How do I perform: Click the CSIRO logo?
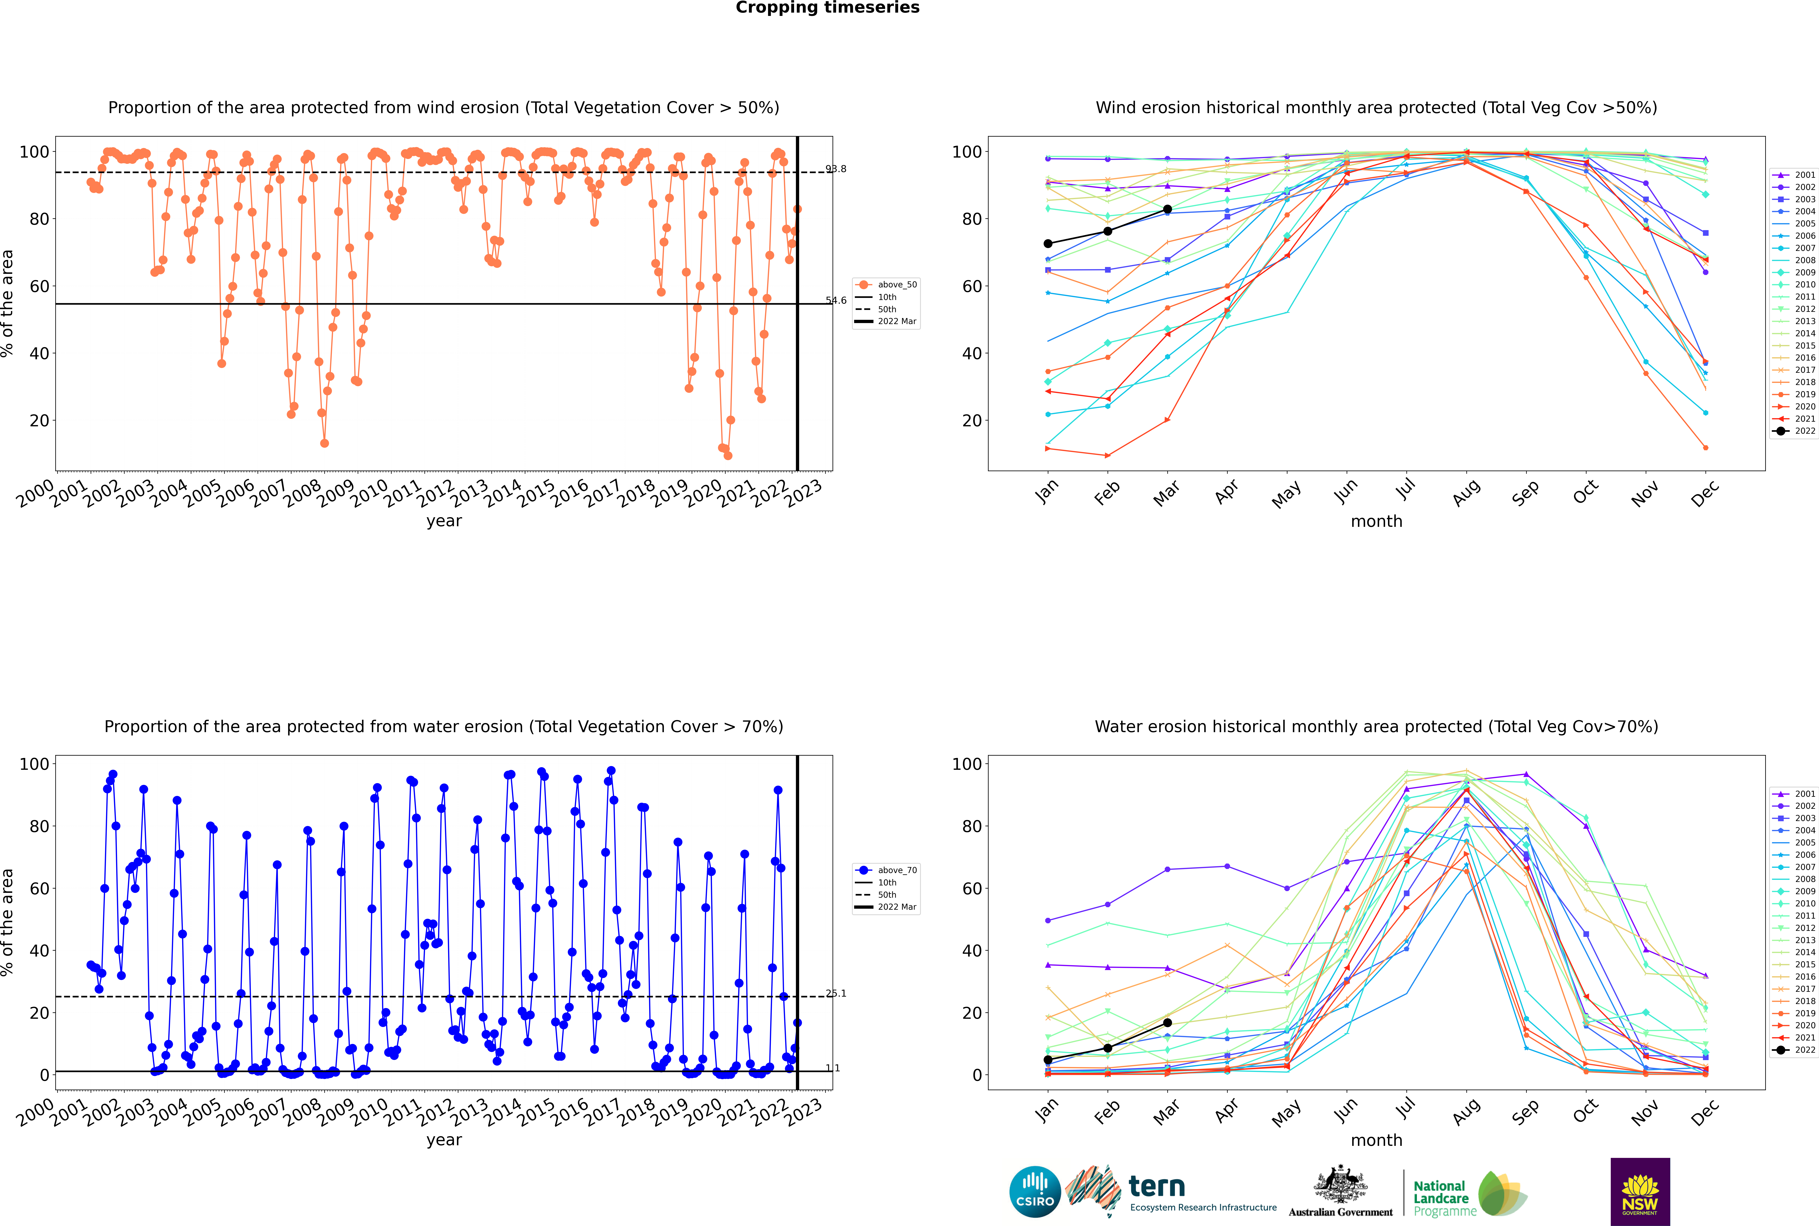tap(1035, 1192)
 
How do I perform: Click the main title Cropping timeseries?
tap(827, 8)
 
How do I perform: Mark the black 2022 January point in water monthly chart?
tap(1048, 1060)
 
